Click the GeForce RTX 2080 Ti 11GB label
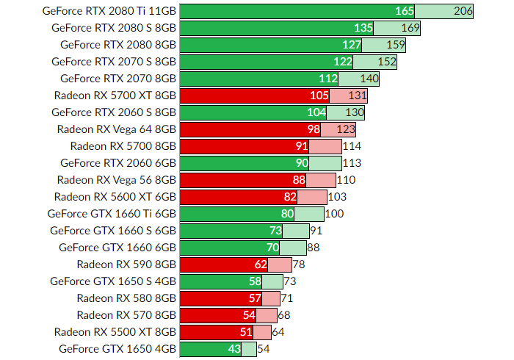pos(109,11)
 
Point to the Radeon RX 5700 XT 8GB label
pos(115,96)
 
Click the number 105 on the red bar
pos(319,96)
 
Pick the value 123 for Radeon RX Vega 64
pos(346,129)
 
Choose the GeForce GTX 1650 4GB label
pos(117,349)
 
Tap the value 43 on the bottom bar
pos(234,349)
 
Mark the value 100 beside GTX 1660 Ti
pos(335,214)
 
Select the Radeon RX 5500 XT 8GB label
pos(115,332)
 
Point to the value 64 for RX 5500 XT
pos(278,332)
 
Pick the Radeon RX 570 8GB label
pos(126,315)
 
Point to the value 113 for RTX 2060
pos(352,163)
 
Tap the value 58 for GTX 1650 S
pos(255,281)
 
